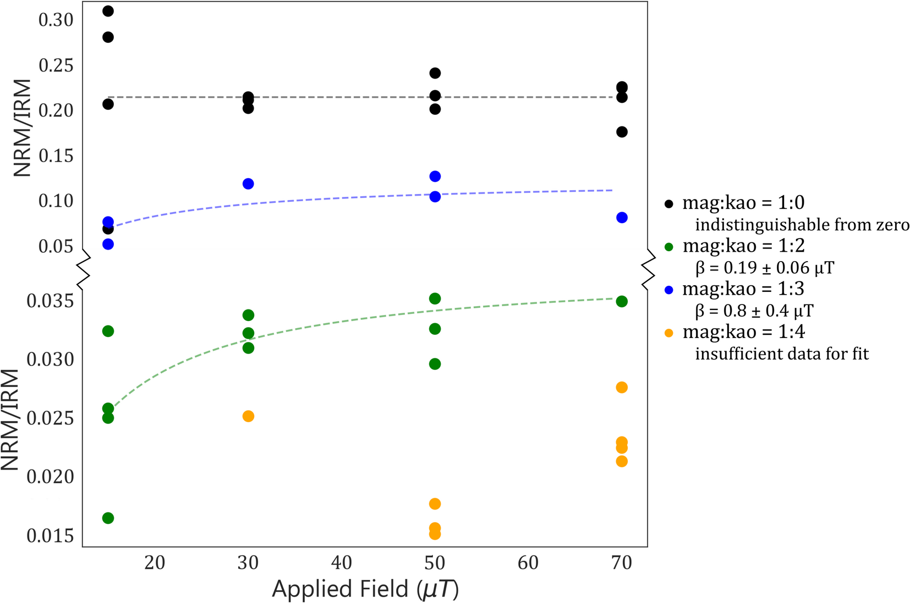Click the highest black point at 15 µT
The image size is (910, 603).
(x=108, y=11)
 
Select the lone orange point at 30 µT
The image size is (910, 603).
(x=248, y=416)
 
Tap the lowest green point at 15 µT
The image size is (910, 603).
(x=108, y=518)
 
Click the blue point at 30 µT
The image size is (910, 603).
(x=248, y=184)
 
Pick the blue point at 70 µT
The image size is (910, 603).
(x=622, y=218)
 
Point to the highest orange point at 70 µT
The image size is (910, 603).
(x=622, y=388)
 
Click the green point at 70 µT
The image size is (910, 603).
(x=622, y=301)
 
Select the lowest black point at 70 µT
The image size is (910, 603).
(x=622, y=132)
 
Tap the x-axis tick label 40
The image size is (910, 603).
(x=341, y=562)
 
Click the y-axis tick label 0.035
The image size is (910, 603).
(x=50, y=301)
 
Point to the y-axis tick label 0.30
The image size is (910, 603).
(x=56, y=20)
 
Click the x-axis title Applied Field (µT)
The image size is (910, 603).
(x=365, y=589)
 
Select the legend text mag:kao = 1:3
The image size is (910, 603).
(x=743, y=289)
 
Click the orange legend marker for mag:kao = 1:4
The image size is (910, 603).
(x=669, y=333)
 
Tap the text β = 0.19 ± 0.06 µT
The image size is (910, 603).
(x=765, y=268)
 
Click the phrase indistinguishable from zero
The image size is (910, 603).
(x=802, y=225)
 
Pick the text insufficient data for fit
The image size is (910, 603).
(x=782, y=353)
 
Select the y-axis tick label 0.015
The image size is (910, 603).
(x=50, y=536)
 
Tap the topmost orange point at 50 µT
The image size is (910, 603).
(x=435, y=504)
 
